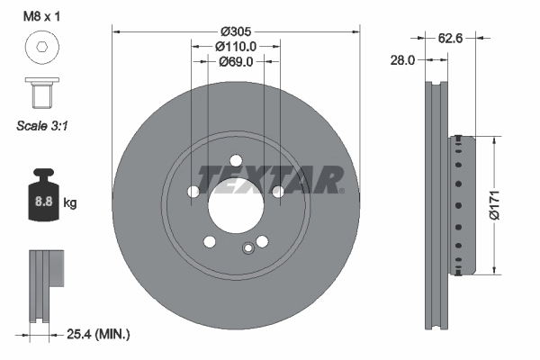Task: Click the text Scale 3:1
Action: [43, 126]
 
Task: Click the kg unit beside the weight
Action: [70, 203]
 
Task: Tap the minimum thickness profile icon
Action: [44, 283]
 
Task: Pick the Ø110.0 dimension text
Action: [237, 46]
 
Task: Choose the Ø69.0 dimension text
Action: [237, 62]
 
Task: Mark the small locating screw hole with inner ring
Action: [248, 249]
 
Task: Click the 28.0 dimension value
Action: [402, 62]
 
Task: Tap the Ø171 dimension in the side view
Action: [509, 203]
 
